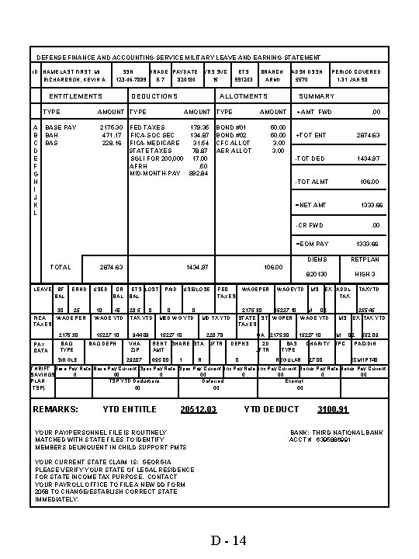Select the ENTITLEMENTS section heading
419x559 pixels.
tap(75, 96)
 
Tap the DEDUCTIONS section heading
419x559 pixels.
tap(154, 96)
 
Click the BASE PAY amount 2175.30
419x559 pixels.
tap(112, 126)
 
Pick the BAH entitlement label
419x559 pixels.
tap(53, 134)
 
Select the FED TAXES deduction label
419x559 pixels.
tap(147, 126)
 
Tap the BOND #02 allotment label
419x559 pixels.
tap(230, 134)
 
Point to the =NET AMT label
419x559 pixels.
tap(312, 206)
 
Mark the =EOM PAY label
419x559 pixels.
tap(312, 244)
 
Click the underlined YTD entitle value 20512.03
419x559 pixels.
tap(197, 409)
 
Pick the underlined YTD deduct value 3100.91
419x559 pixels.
tap(333, 409)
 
